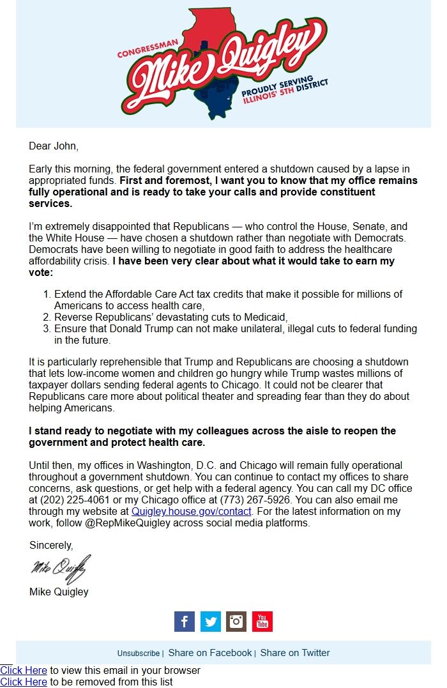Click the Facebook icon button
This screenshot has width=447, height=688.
(185, 621)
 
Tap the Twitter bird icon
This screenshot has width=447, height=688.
(211, 621)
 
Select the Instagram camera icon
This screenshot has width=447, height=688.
(236, 621)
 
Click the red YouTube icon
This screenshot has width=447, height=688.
(262, 621)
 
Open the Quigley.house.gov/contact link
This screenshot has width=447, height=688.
(192, 512)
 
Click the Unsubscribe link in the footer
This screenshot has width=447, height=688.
(139, 654)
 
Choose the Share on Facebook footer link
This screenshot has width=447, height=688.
(210, 653)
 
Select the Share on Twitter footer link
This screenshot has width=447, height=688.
(295, 653)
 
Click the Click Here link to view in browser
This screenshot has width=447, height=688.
(24, 671)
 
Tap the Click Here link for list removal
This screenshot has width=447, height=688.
(24, 682)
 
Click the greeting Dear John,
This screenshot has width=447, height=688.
(54, 146)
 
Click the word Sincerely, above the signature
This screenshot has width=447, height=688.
(51, 546)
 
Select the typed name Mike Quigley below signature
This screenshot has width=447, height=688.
(59, 592)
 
